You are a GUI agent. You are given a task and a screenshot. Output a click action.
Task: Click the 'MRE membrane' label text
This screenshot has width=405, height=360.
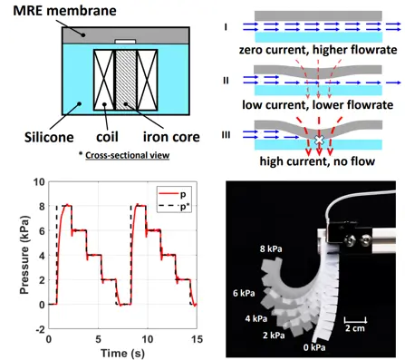click(x=64, y=11)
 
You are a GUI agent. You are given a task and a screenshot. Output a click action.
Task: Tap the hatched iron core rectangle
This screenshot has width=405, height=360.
click(x=126, y=80)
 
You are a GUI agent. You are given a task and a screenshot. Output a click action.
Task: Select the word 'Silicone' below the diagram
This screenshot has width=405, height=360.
click(x=49, y=137)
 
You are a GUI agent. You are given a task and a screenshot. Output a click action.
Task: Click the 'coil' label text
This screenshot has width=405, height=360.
click(x=107, y=137)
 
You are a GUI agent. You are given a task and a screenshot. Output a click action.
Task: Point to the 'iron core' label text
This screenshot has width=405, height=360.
click(x=171, y=137)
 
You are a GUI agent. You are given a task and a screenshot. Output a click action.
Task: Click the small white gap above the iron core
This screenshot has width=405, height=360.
click(x=125, y=42)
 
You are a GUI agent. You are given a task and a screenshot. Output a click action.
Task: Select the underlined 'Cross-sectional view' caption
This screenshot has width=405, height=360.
click(x=127, y=155)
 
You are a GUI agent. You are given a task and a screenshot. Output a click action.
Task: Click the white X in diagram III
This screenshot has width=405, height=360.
click(x=319, y=140)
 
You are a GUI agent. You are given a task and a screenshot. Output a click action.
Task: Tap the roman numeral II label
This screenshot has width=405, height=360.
click(x=226, y=81)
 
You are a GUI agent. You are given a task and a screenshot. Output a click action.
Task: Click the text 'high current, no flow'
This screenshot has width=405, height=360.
click(x=317, y=161)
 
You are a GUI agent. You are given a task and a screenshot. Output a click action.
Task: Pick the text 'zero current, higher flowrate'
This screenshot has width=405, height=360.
click(x=318, y=50)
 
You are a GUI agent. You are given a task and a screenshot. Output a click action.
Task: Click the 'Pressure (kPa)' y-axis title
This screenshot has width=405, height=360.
click(x=24, y=255)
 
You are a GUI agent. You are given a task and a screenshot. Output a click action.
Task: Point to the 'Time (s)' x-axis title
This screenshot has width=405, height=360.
click(x=122, y=353)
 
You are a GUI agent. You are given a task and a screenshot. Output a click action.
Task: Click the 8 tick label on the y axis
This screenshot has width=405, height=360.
click(x=42, y=207)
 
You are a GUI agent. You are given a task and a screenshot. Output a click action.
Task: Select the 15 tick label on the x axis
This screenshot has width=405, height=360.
click(x=197, y=339)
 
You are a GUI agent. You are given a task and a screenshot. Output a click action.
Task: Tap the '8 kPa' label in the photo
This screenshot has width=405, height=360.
click(x=271, y=248)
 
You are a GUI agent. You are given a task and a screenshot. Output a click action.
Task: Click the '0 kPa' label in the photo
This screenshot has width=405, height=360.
click(x=314, y=347)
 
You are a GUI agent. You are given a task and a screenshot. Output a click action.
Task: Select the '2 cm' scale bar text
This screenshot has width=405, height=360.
click(x=355, y=328)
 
